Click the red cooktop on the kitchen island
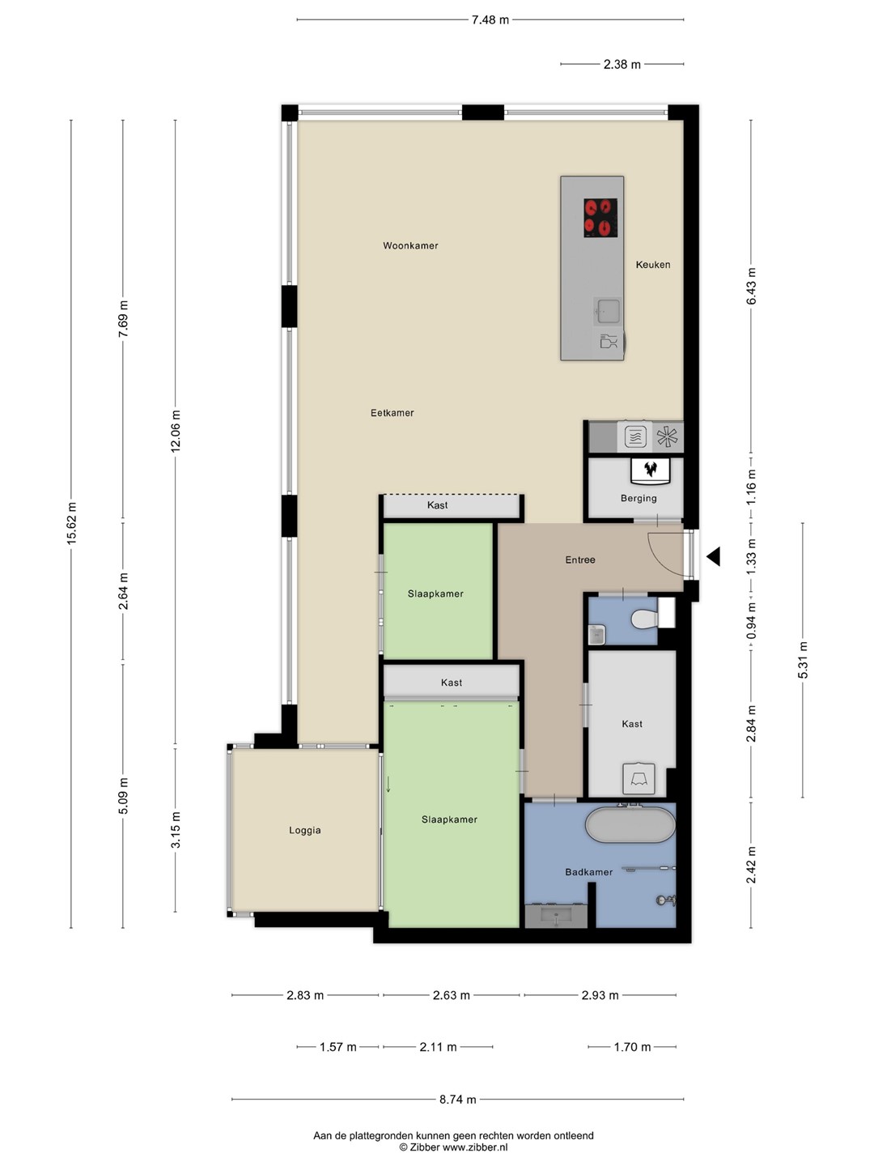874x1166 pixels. point(600,218)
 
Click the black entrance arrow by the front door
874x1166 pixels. point(713,557)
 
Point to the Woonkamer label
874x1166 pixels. point(410,245)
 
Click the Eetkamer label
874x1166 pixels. point(392,413)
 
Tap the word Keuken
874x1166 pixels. point(653,265)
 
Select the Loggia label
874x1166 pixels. point(304,830)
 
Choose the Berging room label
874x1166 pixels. point(639,498)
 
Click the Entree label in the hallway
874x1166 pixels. point(580,560)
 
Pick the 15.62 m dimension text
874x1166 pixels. point(72,523)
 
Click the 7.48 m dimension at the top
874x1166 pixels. point(490,20)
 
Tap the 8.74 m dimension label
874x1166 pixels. point(457,1100)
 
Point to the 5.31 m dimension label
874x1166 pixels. point(803,660)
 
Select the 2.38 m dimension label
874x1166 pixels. point(622,65)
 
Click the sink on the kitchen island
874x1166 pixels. point(608,310)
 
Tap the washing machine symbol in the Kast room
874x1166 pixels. point(639,778)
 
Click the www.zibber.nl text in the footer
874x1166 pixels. point(475,1147)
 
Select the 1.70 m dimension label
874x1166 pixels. point(632,1047)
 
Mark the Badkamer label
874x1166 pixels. point(588,872)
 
